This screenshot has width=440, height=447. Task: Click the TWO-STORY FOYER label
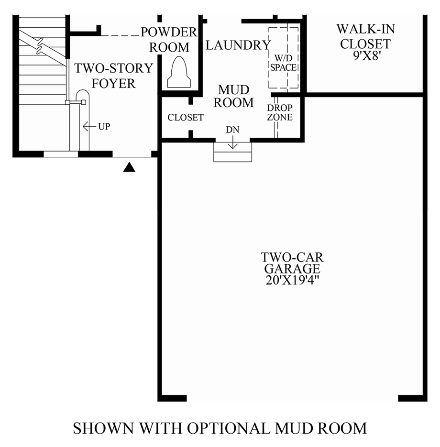pos(113,76)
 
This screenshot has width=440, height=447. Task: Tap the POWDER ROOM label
pos(169,40)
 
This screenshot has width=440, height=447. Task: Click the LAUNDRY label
pos(237,45)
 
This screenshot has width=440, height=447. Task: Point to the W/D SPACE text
pos(284,63)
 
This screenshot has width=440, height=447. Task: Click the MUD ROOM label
pos(233,96)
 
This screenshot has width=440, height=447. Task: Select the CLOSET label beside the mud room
pos(186,118)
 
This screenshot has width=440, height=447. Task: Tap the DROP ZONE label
pos(280,112)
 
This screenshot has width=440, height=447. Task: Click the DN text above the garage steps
pos(232,130)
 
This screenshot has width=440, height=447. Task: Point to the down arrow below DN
pos(232,142)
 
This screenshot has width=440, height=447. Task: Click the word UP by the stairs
pos(104,127)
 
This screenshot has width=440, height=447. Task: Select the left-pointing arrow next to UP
pos(88,127)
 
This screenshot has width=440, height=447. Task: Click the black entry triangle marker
pos(129,167)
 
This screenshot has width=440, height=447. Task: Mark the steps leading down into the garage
pos(232,152)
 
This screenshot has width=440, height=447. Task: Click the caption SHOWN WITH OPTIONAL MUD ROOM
pos(220,427)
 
